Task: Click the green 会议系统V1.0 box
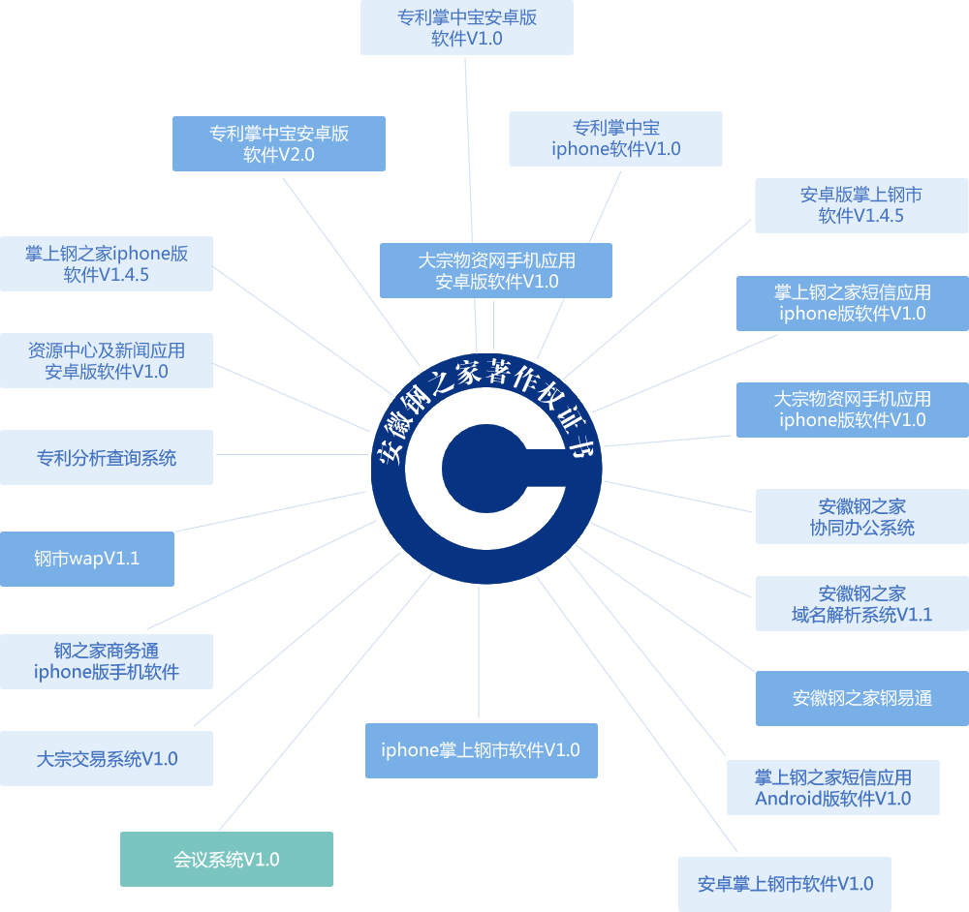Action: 227,859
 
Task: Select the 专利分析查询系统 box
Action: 107,457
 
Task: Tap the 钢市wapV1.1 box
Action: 87,559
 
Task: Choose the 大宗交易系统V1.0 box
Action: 107,758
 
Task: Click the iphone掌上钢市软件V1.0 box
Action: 481,750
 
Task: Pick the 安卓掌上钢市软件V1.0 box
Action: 785,884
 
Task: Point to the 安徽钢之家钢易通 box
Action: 861,698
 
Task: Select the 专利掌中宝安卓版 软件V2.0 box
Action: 279,144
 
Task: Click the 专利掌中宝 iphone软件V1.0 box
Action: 615,138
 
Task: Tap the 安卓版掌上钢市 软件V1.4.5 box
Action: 861,205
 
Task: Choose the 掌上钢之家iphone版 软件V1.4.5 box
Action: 107,264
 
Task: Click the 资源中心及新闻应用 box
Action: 107,360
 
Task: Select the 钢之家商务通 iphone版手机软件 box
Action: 107,661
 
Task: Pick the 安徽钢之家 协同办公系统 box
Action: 861,516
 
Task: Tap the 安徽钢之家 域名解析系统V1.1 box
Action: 861,603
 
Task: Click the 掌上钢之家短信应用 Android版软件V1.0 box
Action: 832,787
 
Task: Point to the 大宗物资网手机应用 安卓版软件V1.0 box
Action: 496,270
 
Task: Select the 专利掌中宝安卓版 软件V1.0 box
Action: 467,28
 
